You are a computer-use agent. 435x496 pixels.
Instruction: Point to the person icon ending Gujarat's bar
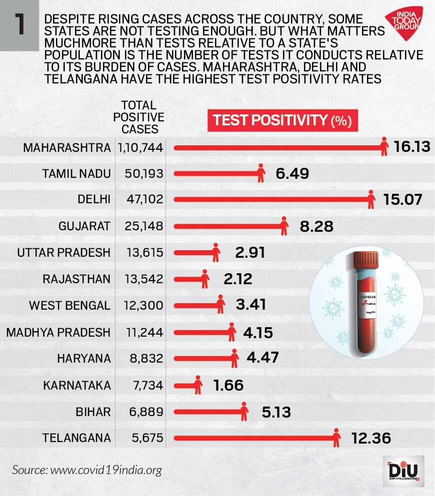(x=284, y=226)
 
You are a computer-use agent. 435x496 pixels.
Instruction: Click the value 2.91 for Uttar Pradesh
(x=249, y=252)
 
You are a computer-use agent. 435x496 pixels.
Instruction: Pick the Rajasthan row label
(x=76, y=279)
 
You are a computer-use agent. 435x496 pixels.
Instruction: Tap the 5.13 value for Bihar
(x=275, y=412)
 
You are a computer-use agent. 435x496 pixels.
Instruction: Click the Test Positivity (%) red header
(x=282, y=121)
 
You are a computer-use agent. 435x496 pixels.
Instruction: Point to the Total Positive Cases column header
(x=138, y=117)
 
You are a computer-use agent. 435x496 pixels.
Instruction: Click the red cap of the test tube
(x=368, y=262)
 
